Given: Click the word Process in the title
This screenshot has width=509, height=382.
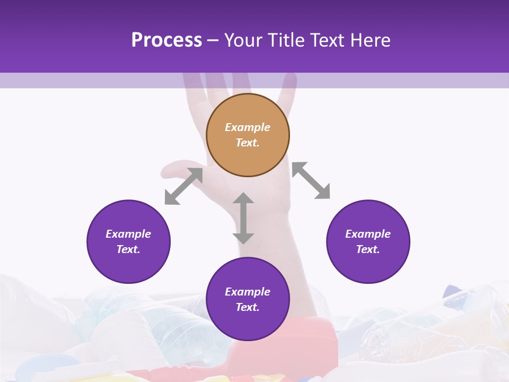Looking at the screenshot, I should pos(166,40).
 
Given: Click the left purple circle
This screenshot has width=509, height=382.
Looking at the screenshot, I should pos(128,241).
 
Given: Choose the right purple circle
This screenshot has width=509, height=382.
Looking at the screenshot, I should pos(368,241).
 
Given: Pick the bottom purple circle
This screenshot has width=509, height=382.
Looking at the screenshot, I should pos(248,299).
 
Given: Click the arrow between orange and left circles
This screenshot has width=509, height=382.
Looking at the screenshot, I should pos(183,186).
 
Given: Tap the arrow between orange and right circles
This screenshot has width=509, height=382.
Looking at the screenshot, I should pos(311,180).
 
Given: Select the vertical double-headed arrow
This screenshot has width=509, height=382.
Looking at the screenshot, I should pos(243,218).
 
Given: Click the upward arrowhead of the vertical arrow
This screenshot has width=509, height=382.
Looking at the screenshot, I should pos(243,198).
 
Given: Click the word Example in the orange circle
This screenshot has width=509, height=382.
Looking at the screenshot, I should pos(248,127).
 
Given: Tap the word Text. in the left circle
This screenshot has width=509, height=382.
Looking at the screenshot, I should pos(128,249).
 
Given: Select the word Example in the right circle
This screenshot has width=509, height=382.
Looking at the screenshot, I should pos(368,234).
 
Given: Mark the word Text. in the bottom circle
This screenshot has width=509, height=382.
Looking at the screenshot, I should pos(248,307).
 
